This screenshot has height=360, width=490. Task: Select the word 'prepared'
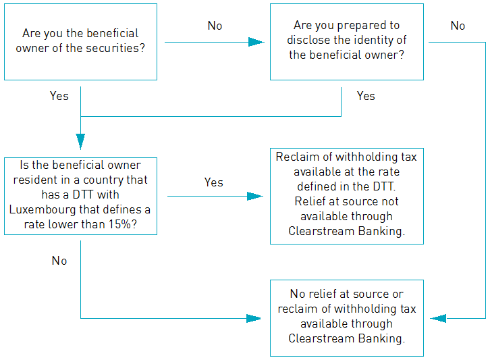coord(362,26)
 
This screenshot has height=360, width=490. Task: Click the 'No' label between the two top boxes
coord(215,26)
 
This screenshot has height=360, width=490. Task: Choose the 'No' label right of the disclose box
coord(458,26)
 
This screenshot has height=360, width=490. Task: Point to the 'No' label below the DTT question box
coord(59,261)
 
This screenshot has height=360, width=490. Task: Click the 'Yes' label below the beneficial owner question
coord(59,96)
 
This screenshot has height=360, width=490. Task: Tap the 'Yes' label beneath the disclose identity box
coord(366,96)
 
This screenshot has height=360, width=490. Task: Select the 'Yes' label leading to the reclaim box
coord(214,182)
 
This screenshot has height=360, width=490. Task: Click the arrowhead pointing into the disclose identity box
coord(256,42)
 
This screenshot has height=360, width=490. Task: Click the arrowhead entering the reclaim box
coord(255,196)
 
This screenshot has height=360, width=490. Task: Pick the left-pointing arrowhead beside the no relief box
coord(438,318)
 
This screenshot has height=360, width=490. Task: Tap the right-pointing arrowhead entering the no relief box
coord(254,318)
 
